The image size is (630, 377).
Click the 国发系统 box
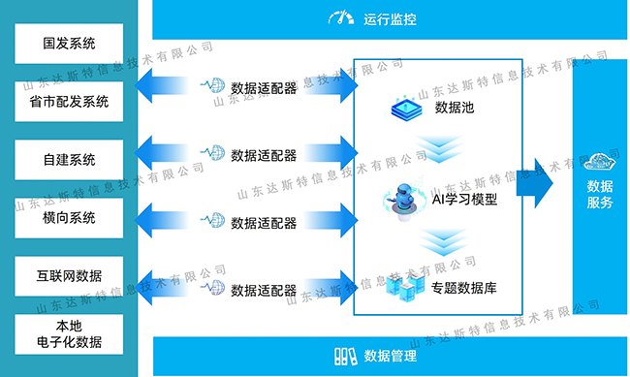(x=70, y=44)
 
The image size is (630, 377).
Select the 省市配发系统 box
(x=70, y=101)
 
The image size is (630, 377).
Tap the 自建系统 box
(x=70, y=160)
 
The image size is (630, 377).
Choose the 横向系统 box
(x=70, y=218)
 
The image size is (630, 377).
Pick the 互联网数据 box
(x=70, y=276)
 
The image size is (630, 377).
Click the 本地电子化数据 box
(x=70, y=333)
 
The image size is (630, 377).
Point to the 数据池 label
(x=454, y=108)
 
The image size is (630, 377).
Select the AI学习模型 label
(x=464, y=200)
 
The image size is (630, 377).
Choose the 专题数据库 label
(x=465, y=287)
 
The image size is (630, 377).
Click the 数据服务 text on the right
(x=600, y=194)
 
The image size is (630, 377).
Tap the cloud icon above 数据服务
(x=600, y=160)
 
